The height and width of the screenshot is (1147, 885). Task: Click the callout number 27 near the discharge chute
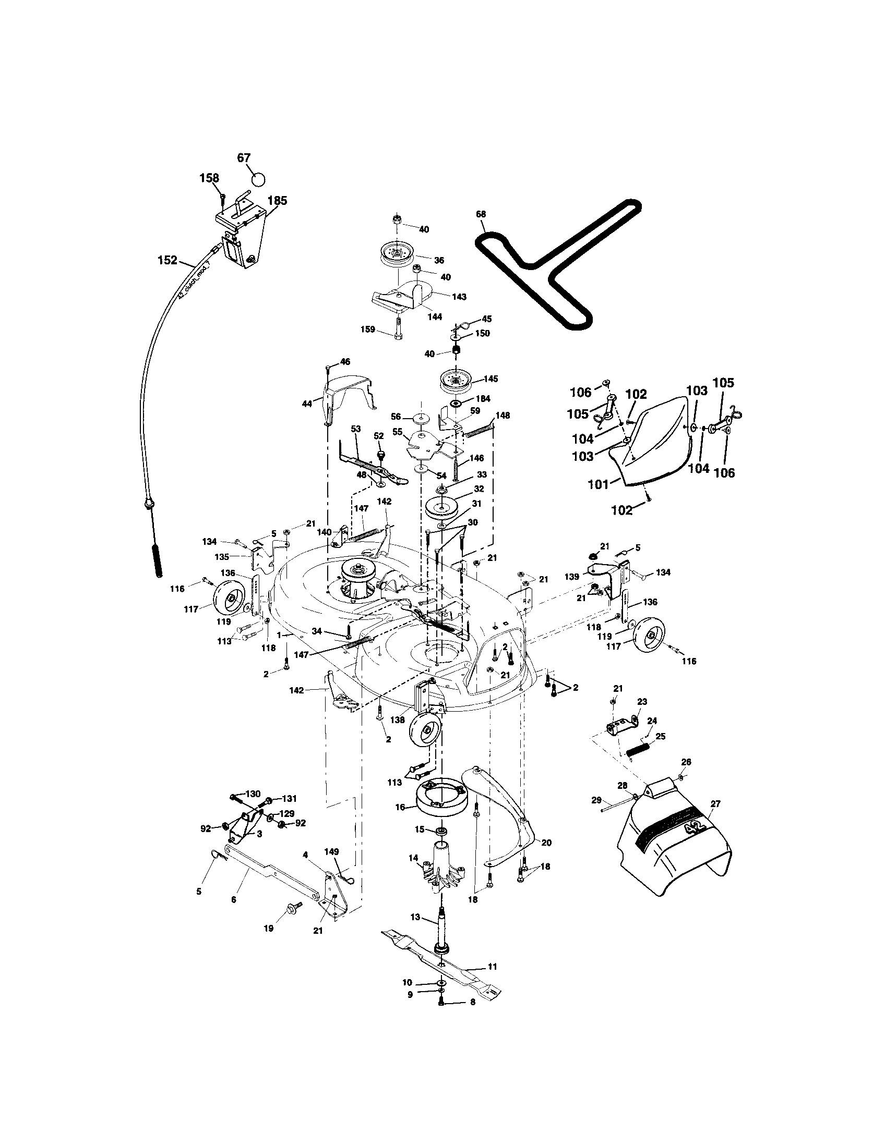pos(715,804)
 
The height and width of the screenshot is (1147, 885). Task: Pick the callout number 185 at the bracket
pos(277,201)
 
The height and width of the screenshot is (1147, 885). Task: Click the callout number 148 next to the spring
pos(503,416)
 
